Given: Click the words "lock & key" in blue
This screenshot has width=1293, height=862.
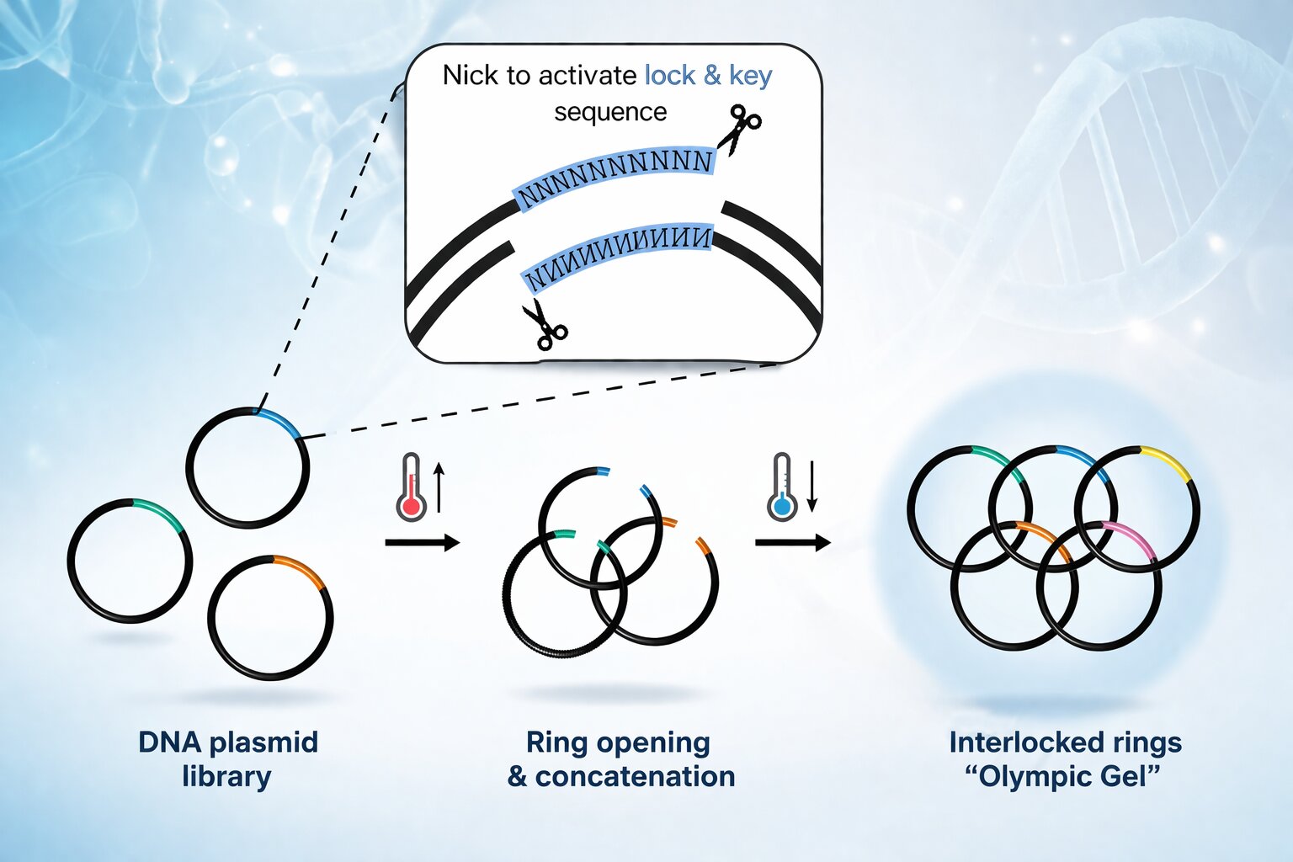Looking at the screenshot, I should (x=708, y=76).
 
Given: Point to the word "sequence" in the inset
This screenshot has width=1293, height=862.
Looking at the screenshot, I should (x=610, y=112).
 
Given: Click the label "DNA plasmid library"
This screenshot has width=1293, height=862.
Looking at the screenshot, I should (x=227, y=758).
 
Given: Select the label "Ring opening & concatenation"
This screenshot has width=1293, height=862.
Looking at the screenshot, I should (x=620, y=758).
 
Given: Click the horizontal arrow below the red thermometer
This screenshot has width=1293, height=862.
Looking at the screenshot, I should (x=422, y=543).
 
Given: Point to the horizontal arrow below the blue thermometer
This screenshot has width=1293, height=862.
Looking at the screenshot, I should (x=792, y=543).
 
